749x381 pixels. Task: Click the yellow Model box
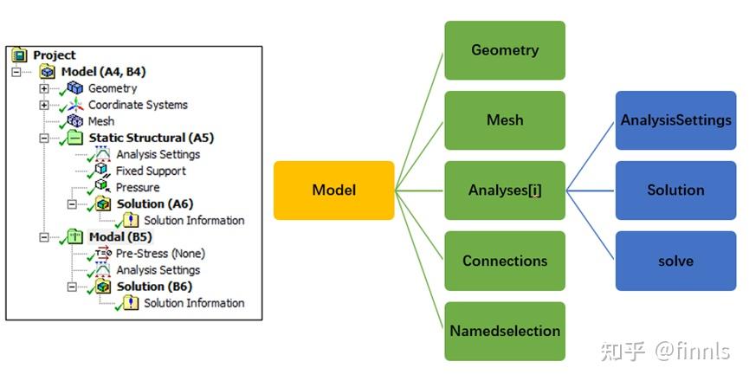tap(333, 190)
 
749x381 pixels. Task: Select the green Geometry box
tap(505, 50)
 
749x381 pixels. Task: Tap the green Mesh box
tap(505, 119)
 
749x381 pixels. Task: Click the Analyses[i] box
tap(505, 190)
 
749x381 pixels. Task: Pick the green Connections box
tap(505, 261)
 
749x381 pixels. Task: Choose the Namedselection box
tap(505, 331)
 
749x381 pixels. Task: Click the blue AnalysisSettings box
tap(675, 120)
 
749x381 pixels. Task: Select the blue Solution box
tap(675, 190)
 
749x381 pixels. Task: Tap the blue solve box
tap(675, 260)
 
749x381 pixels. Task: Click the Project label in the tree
tap(54, 55)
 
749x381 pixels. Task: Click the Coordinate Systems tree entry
tap(138, 105)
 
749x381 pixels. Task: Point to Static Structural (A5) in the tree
tap(151, 138)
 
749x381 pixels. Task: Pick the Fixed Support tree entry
tap(151, 171)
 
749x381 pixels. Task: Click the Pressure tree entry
tap(138, 187)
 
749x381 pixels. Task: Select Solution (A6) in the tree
tap(155, 204)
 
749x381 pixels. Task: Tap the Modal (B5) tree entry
tap(122, 237)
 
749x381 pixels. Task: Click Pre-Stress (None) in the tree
tap(160, 254)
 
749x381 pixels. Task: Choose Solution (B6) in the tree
tap(155, 287)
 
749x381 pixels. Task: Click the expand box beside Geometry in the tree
tap(44, 88)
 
